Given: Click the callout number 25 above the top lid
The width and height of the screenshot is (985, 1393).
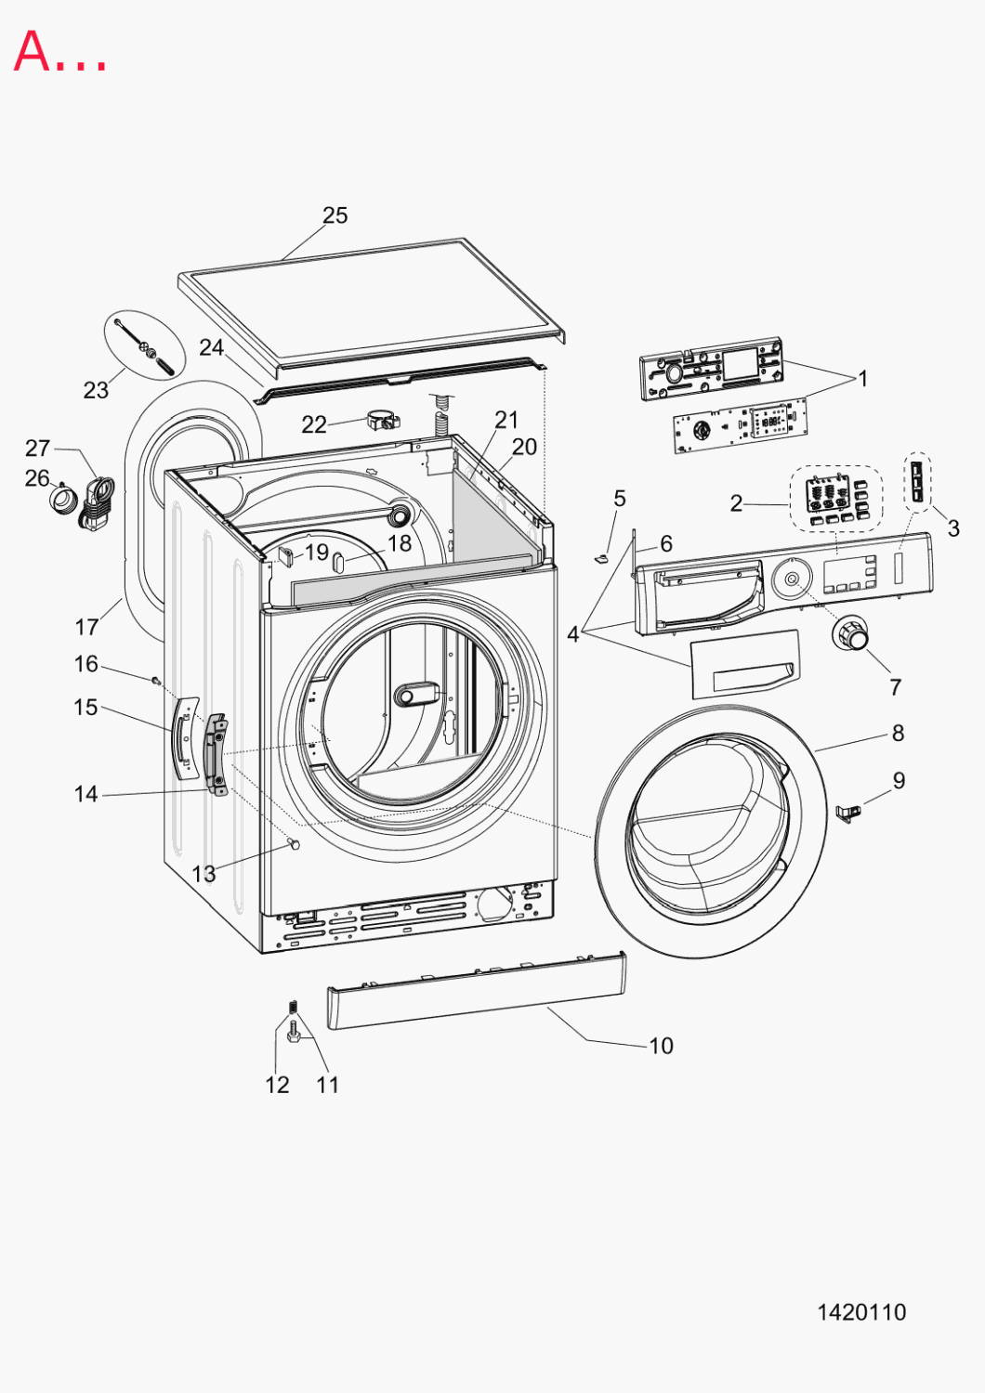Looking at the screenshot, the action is [x=335, y=215].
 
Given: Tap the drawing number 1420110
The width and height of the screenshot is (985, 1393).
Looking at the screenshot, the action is [x=861, y=1312].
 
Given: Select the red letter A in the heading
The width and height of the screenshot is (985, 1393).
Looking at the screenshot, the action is [x=31, y=51].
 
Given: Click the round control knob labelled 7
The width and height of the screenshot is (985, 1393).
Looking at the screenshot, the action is [x=850, y=634].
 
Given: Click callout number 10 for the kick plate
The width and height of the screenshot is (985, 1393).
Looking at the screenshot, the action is [x=661, y=1046].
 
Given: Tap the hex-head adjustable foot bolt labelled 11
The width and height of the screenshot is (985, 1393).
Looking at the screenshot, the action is [x=294, y=1035].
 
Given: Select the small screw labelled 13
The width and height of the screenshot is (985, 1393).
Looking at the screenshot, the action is [x=294, y=843].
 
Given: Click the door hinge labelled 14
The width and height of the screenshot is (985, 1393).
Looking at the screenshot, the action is [x=217, y=754].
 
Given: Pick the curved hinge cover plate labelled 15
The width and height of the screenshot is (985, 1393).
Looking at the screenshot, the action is [x=185, y=737].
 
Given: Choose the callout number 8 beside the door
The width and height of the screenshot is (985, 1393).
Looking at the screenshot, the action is [x=898, y=733].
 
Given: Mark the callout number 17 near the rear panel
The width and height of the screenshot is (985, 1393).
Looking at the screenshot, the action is [x=86, y=627].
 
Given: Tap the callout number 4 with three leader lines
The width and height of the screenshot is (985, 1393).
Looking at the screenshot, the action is [x=573, y=634].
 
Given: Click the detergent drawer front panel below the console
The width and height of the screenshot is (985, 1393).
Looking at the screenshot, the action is [x=745, y=664].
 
